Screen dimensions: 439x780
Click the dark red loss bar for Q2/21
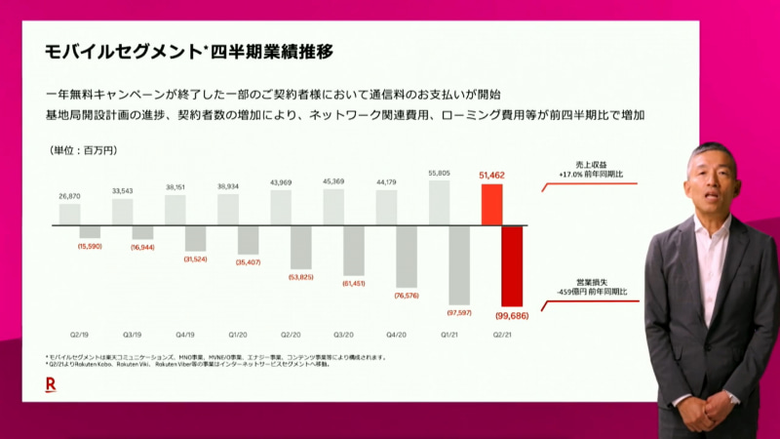[x=513, y=265]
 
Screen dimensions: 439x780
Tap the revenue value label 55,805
[x=440, y=173]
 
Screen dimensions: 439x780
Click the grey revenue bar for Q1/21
[x=440, y=202]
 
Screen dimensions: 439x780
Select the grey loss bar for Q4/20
[x=406, y=257]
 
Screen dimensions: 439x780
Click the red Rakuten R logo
[x=50, y=384]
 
